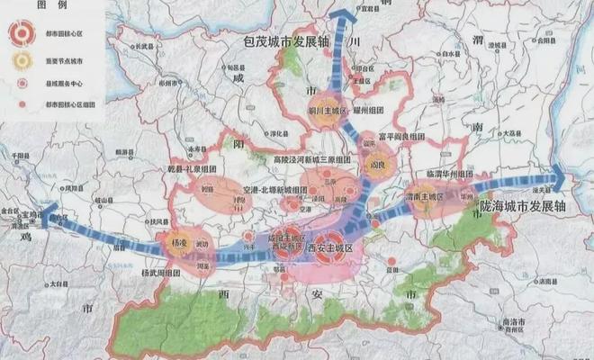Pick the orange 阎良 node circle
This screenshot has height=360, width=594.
tap(375, 166)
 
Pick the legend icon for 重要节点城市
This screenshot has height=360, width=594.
tap(19, 59)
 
